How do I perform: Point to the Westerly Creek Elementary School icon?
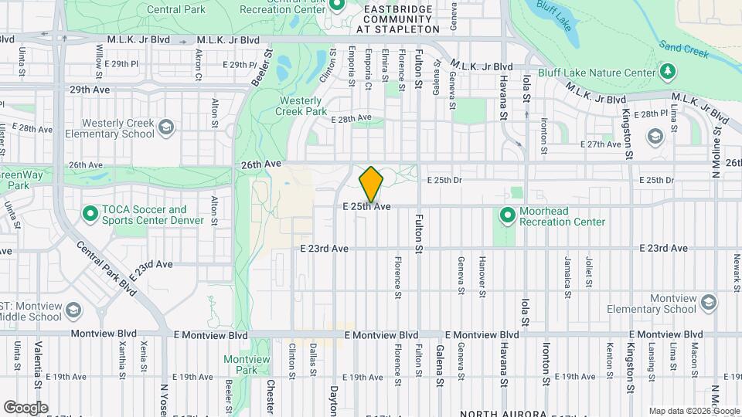point(165,126)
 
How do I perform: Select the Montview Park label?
point(240,364)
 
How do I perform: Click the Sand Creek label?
point(684,50)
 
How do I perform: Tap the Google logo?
point(26,407)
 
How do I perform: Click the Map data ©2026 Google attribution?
point(694,411)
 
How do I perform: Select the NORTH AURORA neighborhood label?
point(503,412)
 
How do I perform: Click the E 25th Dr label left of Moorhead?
point(445,180)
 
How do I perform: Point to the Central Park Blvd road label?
point(106,270)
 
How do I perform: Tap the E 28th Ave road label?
point(351,119)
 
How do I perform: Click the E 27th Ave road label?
point(601,144)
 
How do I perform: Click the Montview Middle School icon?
point(73,310)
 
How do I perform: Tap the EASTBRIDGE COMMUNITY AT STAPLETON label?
point(397,19)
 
